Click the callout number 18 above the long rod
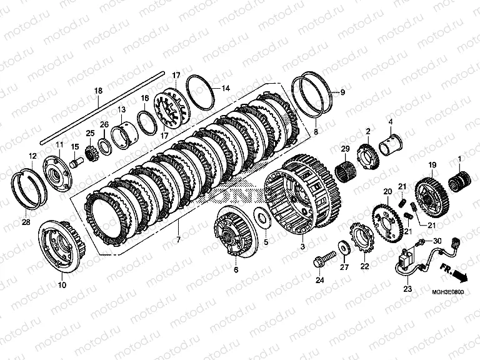97,91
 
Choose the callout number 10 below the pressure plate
61,286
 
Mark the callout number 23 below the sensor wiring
407,289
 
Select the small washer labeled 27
344,244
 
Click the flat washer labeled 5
264,218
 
